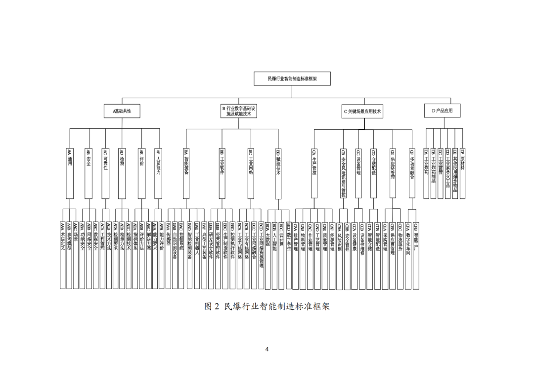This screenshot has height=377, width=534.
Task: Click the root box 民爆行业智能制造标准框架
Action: point(292,78)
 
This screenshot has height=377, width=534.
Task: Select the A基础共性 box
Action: point(122,111)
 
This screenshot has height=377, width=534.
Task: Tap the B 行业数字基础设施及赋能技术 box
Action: point(239,111)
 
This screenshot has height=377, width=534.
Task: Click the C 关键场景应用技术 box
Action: point(362,111)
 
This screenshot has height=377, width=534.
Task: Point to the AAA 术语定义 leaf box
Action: point(63,254)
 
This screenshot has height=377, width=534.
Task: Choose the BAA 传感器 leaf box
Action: point(169,254)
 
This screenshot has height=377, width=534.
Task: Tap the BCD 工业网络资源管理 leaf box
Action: point(261,254)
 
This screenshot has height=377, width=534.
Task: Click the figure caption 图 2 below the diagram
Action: point(267,306)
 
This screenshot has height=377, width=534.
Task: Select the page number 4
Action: point(267,349)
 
